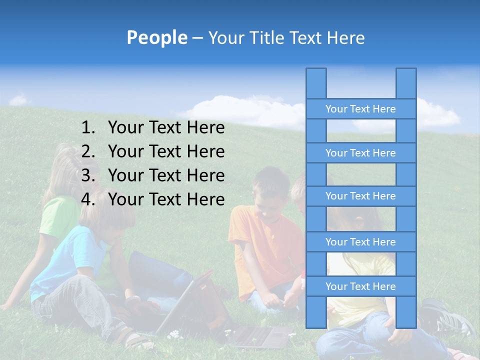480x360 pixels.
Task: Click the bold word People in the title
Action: (156, 37)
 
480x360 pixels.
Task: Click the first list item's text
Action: (166, 128)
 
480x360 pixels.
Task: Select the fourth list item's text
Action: (166, 199)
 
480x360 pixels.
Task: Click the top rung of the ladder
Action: (360, 109)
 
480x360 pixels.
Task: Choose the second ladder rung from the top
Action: (360, 153)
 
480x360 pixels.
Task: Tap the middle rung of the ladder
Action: (360, 196)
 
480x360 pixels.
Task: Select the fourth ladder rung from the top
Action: (360, 242)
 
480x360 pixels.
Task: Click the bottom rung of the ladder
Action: (360, 286)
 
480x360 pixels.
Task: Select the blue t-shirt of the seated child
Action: (65, 255)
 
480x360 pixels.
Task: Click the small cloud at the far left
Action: (18, 100)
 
